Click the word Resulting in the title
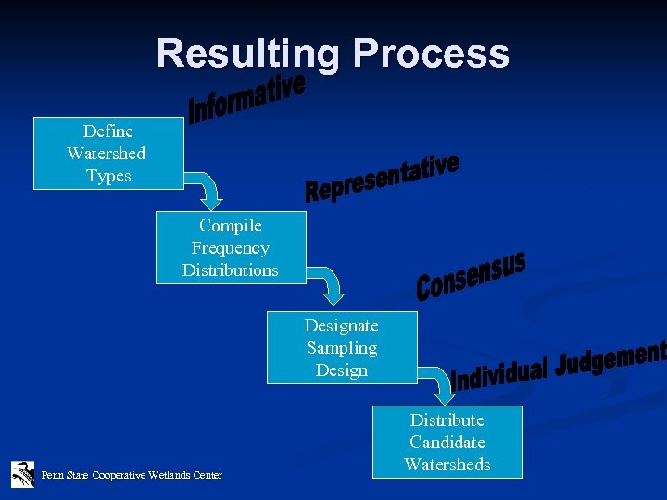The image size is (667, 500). tap(248, 55)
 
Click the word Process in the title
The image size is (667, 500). tap(431, 55)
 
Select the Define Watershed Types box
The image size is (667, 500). tap(108, 154)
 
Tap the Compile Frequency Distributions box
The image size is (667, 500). tap(230, 248)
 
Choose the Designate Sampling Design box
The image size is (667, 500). tap(342, 348)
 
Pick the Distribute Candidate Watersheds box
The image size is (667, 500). tap(447, 443)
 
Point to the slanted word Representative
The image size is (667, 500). tap(382, 179)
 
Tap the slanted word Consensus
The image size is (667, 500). tap(471, 276)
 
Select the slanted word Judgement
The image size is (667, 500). tap(611, 358)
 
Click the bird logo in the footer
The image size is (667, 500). tap(22, 474)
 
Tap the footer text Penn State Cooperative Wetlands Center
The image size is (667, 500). tap(132, 475)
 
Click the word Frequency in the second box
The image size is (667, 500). tap(230, 248)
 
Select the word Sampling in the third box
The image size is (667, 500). tap(342, 348)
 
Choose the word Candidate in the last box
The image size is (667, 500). tap(447, 443)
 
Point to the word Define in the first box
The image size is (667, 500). tap(108, 131)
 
